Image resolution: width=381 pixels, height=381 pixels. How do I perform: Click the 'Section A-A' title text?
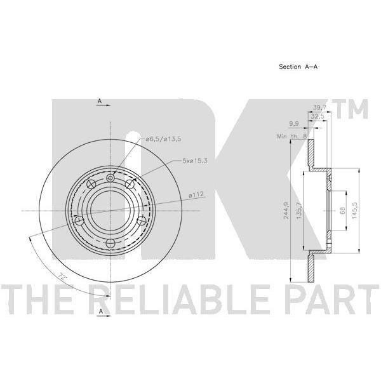(x=298, y=67)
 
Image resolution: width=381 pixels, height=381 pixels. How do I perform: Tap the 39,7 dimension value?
(x=319, y=108)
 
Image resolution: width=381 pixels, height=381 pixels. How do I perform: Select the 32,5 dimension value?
(x=318, y=116)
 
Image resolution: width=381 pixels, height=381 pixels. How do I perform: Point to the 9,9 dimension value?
(x=294, y=124)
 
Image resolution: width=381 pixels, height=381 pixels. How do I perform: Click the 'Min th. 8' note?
(x=292, y=137)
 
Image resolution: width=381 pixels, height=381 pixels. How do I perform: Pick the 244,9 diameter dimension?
(x=286, y=210)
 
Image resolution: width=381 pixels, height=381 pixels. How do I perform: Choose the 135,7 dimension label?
(x=299, y=210)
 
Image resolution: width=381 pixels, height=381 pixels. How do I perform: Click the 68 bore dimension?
(x=343, y=210)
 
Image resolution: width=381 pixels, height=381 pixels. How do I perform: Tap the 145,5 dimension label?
(x=354, y=210)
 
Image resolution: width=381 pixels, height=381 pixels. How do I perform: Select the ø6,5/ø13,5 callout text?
(x=164, y=139)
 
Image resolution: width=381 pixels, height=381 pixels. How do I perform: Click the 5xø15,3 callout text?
(x=195, y=161)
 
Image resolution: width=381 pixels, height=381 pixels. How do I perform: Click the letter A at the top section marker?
(x=99, y=101)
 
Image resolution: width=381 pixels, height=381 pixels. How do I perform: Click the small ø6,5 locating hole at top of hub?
(x=110, y=178)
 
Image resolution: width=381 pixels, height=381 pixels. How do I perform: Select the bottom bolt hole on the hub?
(x=110, y=243)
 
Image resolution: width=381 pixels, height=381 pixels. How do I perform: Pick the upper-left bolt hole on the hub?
(x=91, y=184)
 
